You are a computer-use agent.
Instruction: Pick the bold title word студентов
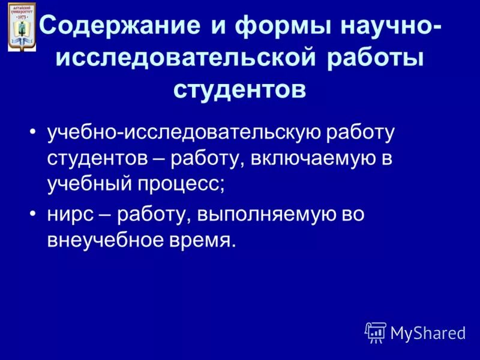[x=240, y=89]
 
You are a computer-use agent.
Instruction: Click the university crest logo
[x=22, y=26]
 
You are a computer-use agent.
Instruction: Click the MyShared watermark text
[x=428, y=333]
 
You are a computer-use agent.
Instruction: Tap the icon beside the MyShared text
[x=376, y=332]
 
